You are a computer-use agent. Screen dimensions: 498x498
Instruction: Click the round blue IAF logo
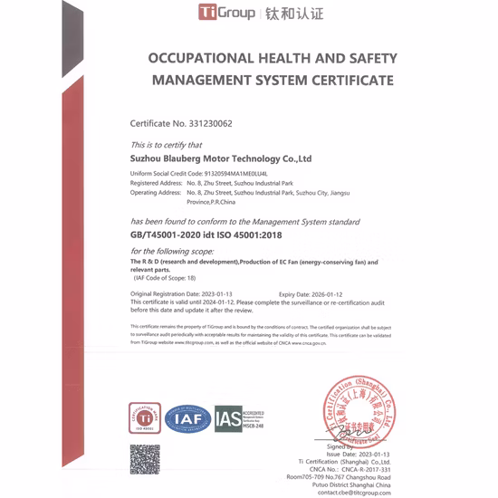tap(188, 418)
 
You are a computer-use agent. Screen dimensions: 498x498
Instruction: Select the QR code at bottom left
tap(145, 459)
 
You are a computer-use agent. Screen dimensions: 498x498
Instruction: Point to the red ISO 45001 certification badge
tap(144, 418)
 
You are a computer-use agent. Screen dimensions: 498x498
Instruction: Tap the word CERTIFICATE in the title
tap(346, 80)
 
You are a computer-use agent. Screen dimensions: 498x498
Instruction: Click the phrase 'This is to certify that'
tap(166, 145)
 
